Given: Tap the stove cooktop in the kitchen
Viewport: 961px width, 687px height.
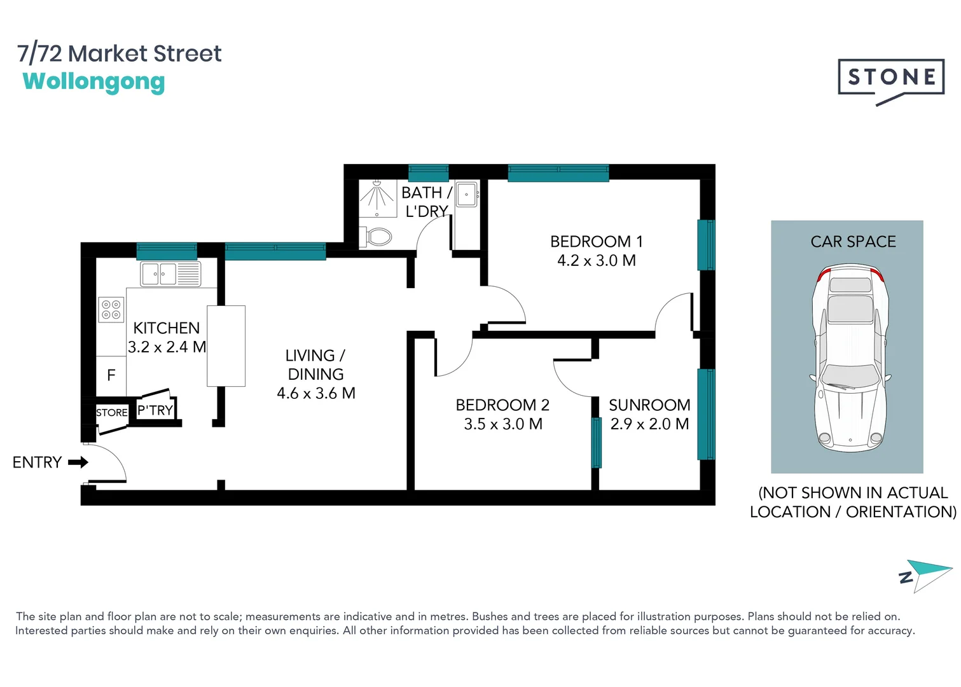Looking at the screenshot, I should click(111, 310).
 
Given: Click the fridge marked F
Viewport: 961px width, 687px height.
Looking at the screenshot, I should click(111, 375).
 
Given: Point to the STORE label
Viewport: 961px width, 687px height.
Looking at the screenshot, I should click(112, 413).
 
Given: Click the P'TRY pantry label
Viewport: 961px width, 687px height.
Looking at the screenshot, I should click(155, 410).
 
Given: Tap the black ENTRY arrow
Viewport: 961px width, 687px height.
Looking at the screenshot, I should click(78, 462).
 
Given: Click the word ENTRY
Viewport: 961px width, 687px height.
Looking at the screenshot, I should click(37, 462).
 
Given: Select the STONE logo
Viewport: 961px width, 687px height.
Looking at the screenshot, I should click(890, 79).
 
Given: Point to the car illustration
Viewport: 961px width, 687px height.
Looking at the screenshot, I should click(850, 357).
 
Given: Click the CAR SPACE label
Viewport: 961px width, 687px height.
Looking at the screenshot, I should click(853, 242).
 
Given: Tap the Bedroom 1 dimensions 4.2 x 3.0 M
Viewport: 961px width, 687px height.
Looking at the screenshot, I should click(597, 261).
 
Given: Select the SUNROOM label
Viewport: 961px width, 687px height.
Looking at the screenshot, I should click(649, 405).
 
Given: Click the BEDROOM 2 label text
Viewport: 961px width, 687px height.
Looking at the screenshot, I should click(502, 405).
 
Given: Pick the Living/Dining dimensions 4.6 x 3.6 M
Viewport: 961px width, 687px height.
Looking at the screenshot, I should click(315, 394).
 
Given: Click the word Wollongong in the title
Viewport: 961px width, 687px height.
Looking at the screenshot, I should click(93, 81).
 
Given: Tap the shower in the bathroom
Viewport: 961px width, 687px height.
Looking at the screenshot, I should click(377, 198).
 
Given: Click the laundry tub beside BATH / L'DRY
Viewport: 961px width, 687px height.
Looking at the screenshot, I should click(467, 195).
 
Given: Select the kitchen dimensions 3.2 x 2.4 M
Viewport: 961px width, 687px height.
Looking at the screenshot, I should click(167, 347).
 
